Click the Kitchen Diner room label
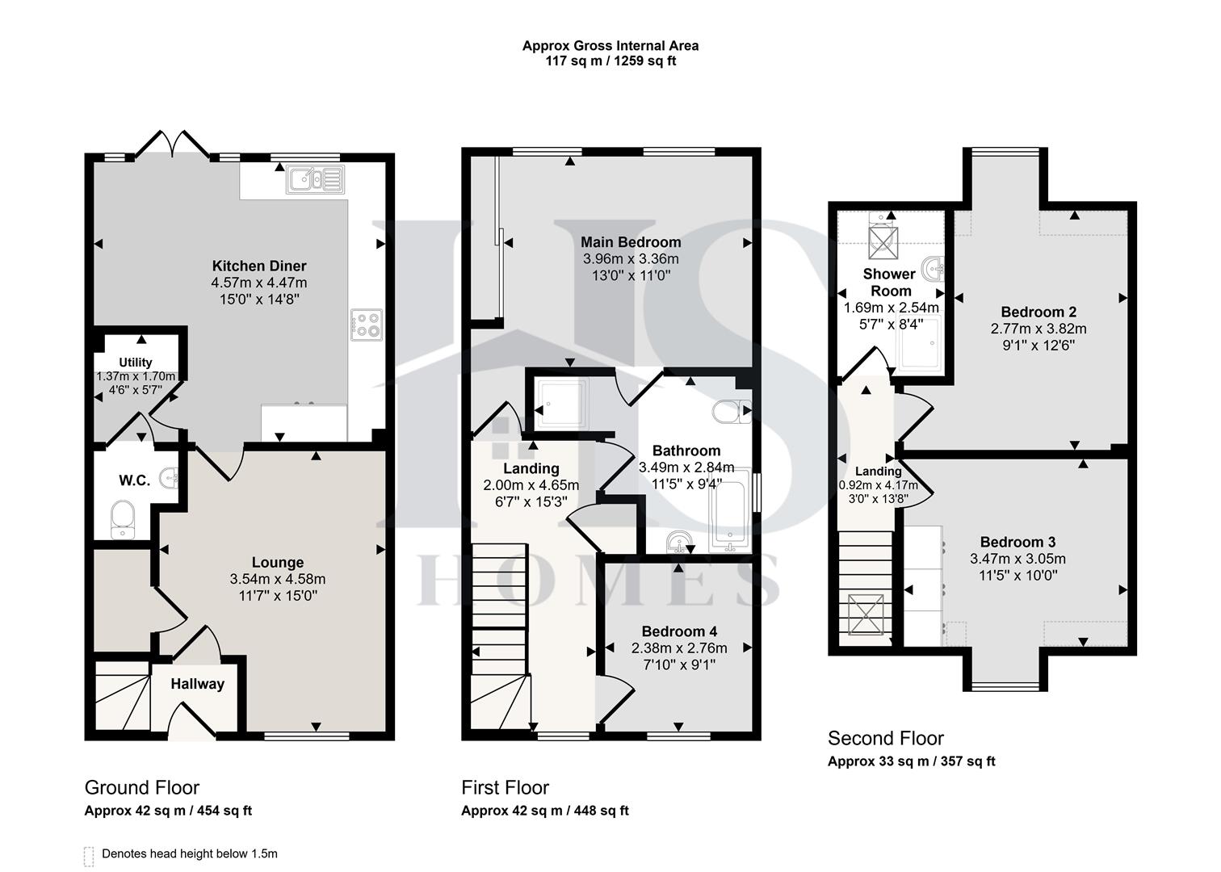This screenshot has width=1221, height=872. pos(258,266)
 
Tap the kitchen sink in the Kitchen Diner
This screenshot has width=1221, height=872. pos(314,179)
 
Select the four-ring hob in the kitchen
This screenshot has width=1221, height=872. pos(366,325)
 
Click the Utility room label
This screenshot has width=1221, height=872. pos(136,363)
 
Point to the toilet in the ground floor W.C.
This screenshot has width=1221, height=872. pos(122,517)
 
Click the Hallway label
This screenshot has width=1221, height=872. pos(197,684)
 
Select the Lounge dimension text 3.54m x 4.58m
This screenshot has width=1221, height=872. pos(277,579)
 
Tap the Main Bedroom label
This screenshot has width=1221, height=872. pos(631,242)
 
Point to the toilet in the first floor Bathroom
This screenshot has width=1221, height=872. pos(732,412)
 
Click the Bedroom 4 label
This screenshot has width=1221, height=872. pos(679,631)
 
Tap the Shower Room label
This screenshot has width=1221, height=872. pos(890,282)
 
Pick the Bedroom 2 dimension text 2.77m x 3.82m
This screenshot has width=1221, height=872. pos(1038,329)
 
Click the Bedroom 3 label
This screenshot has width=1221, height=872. pos(1017,542)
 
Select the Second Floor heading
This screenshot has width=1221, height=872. pos(885,738)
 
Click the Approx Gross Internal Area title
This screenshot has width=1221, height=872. pos(610,46)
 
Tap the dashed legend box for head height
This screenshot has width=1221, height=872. pos(89,856)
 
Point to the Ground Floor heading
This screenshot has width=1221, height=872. pos(141,787)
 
